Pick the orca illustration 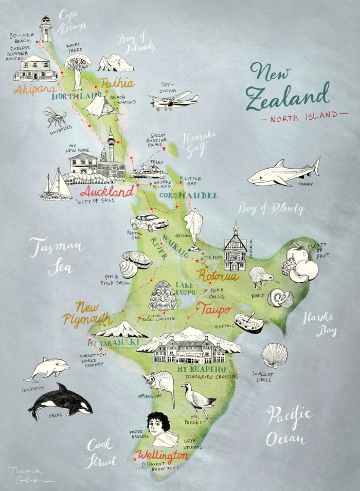point(61,401)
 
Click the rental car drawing point(149,223)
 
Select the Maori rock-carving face point(163,296)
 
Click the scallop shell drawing point(274,355)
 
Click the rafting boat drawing point(248,321)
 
